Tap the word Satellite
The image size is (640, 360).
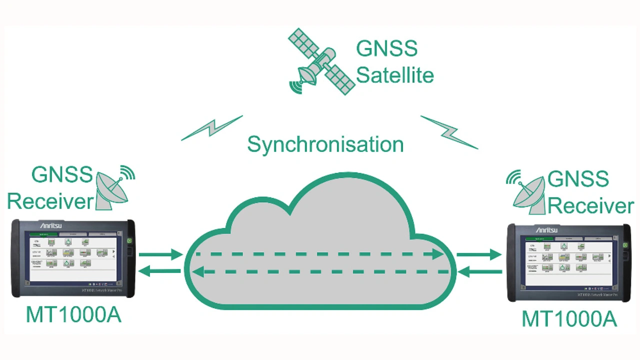click(x=394, y=75)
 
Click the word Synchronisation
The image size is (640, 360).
click(x=325, y=144)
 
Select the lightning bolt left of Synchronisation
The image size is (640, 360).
click(x=212, y=128)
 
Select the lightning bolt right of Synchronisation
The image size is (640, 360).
click(x=449, y=132)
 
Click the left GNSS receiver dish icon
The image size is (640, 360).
click(x=113, y=189)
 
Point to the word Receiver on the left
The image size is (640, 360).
click(x=50, y=201)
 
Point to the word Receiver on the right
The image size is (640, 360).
click(x=591, y=205)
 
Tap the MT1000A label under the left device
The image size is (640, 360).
click(x=73, y=315)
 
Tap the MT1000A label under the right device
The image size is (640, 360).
click(x=569, y=319)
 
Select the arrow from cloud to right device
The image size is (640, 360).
click(x=478, y=254)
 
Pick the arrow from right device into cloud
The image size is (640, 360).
click(x=480, y=272)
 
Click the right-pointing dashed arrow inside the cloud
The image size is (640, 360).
click(x=320, y=254)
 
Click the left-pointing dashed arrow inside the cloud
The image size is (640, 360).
click(x=320, y=272)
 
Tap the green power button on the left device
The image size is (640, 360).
click(x=129, y=241)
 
